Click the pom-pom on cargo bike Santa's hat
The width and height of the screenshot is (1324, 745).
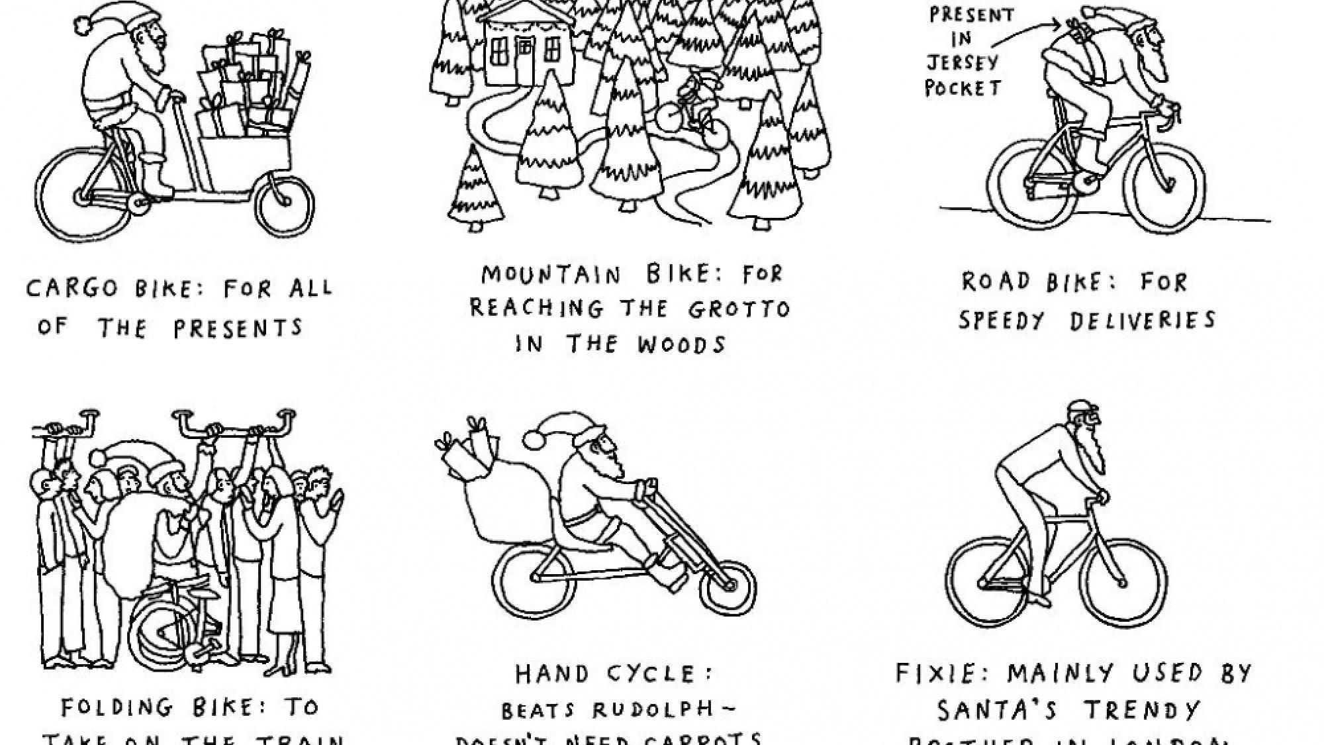[x=83, y=25]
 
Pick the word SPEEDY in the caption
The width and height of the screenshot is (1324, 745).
[x=1001, y=321]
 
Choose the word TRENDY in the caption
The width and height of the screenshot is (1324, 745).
[x=1142, y=711]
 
